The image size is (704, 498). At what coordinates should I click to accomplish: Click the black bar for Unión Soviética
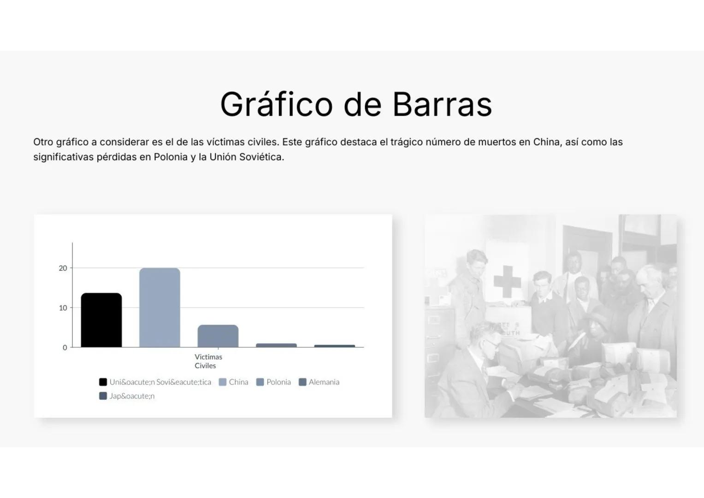[x=101, y=320]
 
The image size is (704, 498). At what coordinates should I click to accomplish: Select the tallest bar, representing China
[x=160, y=308]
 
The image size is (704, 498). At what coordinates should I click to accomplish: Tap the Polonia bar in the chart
[x=218, y=336]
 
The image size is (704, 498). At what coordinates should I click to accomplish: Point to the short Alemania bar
[x=276, y=345]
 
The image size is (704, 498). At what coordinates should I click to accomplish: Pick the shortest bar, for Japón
[x=335, y=346]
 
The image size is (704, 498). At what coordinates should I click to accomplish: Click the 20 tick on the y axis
[x=63, y=268]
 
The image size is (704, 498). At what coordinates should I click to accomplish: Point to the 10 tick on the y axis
[x=63, y=308]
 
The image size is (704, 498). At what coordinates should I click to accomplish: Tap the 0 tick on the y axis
[x=65, y=348]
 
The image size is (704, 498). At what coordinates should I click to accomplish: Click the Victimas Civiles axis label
[x=208, y=361]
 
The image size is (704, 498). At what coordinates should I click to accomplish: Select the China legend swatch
[x=223, y=382]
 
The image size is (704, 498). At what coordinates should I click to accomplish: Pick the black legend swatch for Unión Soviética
[x=103, y=382]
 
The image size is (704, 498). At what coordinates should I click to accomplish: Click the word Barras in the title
[x=442, y=104]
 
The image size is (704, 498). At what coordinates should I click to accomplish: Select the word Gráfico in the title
[x=276, y=104]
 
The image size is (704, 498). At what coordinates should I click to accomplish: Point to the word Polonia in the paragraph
[x=171, y=157]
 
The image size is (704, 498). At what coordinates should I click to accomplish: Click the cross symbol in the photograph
[x=507, y=281]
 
